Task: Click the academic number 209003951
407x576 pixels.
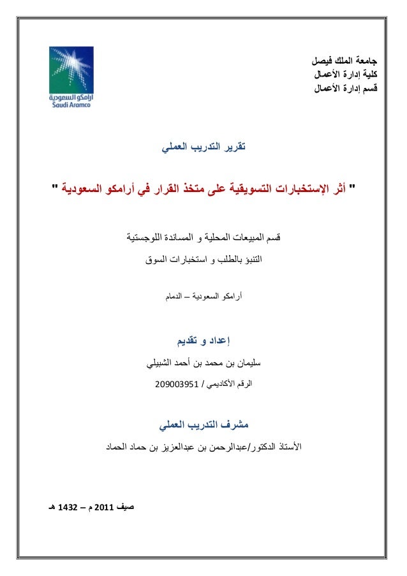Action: point(177,385)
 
